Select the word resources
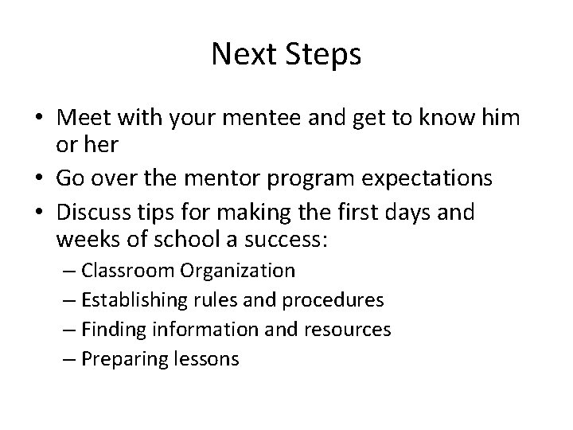tap(348, 330)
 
